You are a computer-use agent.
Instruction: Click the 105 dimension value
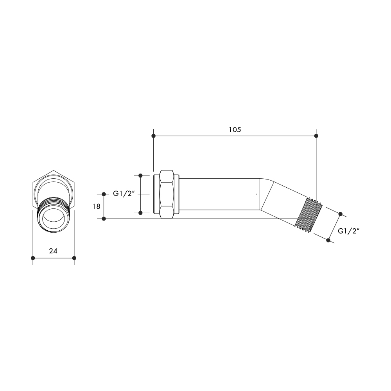pyautogui.click(x=235, y=130)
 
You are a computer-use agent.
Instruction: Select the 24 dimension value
pyautogui.click(x=53, y=251)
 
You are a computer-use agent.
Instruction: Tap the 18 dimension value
pyautogui.click(x=97, y=206)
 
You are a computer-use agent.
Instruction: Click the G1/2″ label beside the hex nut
pyautogui.click(x=124, y=194)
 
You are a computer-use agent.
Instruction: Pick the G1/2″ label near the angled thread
pyautogui.click(x=349, y=231)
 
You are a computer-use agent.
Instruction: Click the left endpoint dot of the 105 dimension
pyautogui.click(x=153, y=136)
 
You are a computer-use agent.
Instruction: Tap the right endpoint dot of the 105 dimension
pyautogui.click(x=316, y=136)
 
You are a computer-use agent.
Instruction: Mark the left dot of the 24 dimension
pyautogui.click(x=33, y=258)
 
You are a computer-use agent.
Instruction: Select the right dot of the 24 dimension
pyautogui.click(x=74, y=258)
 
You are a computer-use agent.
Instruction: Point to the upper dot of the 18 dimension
pyautogui.click(x=104, y=194)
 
